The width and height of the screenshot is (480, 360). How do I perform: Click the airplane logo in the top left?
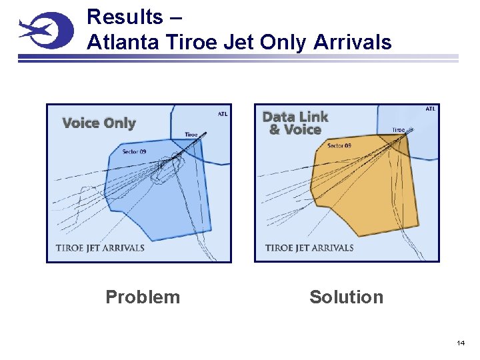(x=45, y=31)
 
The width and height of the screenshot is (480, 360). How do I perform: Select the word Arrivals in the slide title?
(x=352, y=42)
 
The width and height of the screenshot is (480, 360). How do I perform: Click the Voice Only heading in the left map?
(x=99, y=123)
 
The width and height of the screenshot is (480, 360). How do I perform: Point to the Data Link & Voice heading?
(x=295, y=123)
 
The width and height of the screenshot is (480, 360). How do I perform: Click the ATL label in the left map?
(x=222, y=114)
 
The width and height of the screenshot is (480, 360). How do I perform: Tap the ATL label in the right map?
(x=431, y=109)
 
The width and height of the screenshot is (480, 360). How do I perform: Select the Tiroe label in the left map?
(x=191, y=135)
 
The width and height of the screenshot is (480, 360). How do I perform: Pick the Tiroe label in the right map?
(x=398, y=130)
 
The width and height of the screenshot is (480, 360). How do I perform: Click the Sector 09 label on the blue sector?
(x=134, y=151)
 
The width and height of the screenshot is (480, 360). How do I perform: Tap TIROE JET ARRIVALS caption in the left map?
(x=100, y=248)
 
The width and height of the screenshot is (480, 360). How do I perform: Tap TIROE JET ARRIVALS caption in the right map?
(x=309, y=248)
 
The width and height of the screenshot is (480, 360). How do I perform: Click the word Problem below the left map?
(x=143, y=297)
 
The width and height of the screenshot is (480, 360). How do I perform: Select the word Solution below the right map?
(x=346, y=297)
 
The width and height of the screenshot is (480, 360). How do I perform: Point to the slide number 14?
(x=460, y=343)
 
